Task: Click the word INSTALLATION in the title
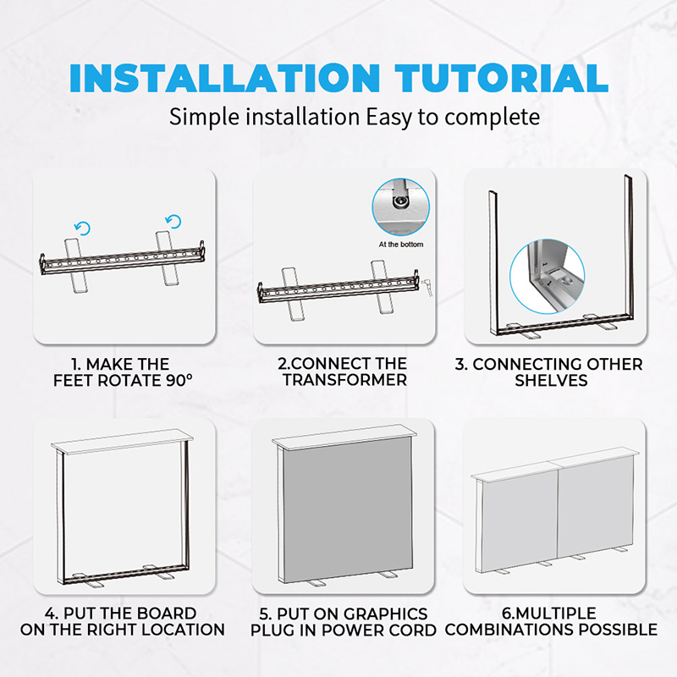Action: click(x=224, y=78)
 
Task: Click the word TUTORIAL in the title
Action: click(x=501, y=78)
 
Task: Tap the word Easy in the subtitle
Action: click(x=388, y=118)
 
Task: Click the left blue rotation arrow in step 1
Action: click(x=82, y=228)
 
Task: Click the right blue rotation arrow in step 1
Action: click(x=173, y=221)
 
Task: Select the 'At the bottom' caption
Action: click(x=401, y=245)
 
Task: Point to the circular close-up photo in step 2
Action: click(x=400, y=206)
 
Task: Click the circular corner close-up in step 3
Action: click(x=548, y=277)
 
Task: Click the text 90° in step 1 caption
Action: click(x=179, y=380)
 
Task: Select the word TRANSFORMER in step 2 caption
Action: click(x=344, y=380)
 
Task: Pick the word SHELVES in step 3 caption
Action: click(x=551, y=380)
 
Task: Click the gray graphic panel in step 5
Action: click(x=347, y=509)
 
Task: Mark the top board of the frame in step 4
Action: click(x=122, y=441)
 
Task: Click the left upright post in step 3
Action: click(x=493, y=262)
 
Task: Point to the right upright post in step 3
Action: click(x=629, y=246)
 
